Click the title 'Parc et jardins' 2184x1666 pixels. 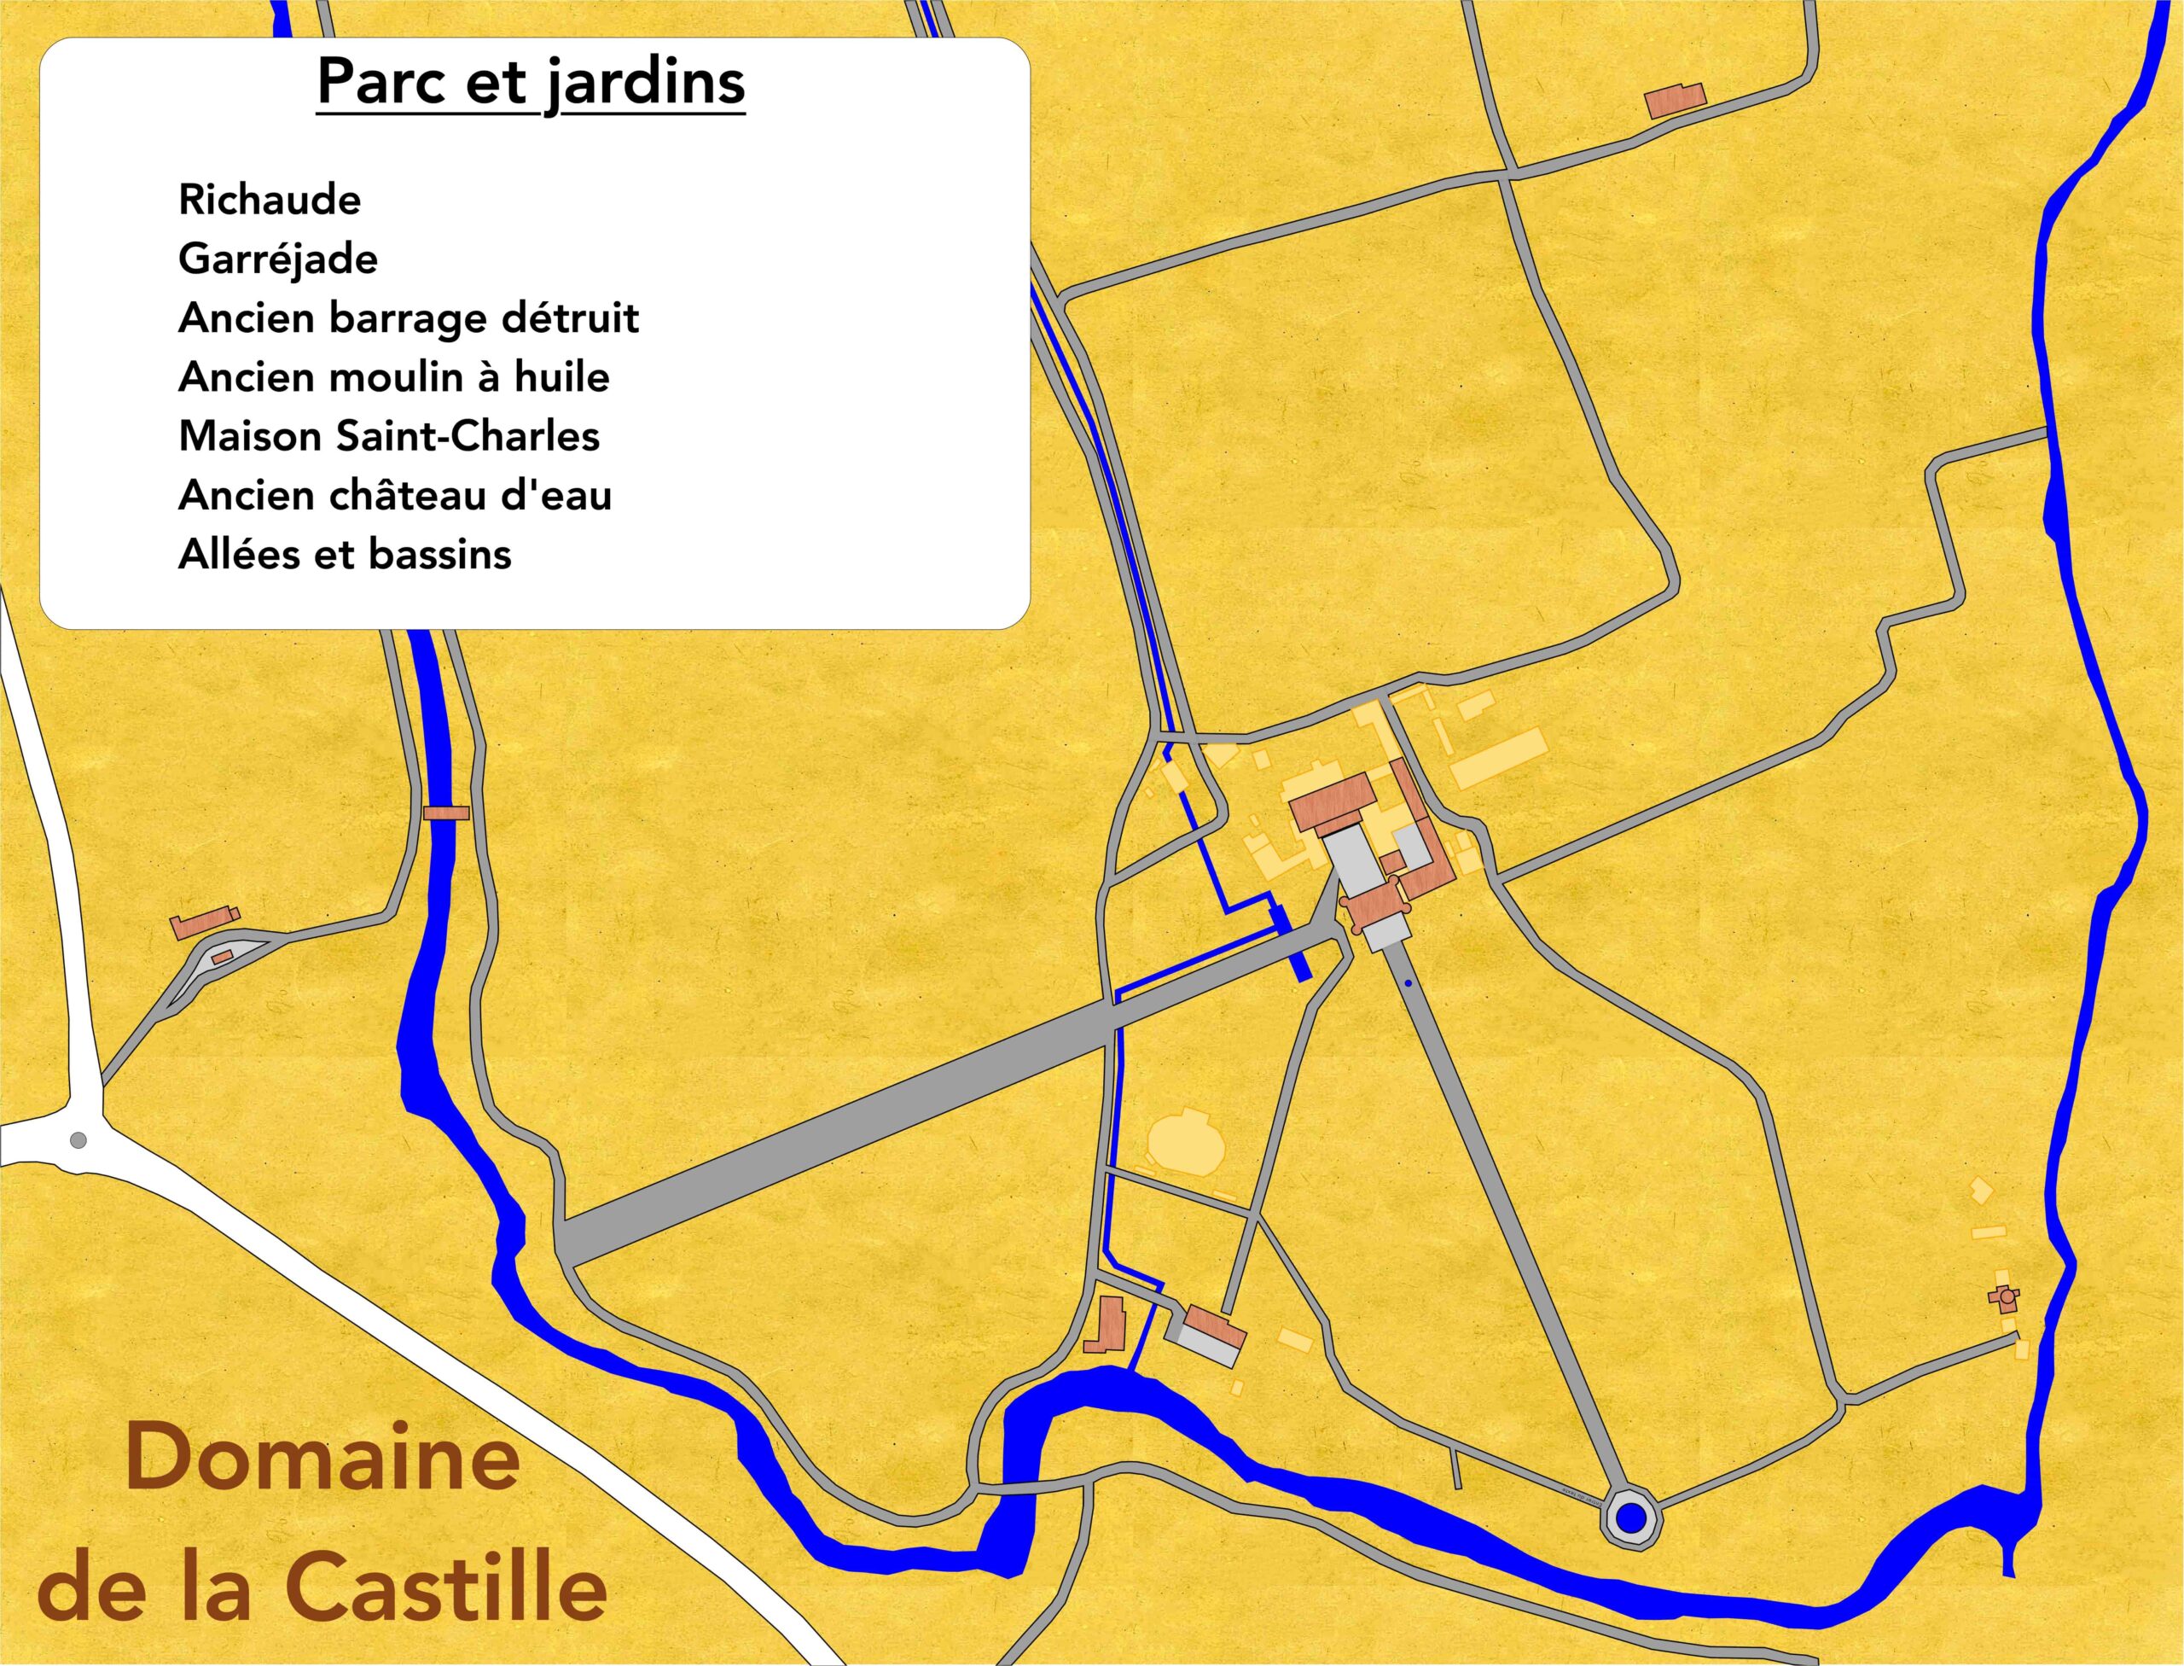pos(531,82)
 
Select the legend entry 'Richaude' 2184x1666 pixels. pos(270,201)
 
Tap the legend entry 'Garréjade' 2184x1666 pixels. pos(277,259)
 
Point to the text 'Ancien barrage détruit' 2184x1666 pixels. pos(409,318)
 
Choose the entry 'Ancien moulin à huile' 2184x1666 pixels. pos(393,378)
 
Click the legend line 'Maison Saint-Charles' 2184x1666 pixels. pos(389,436)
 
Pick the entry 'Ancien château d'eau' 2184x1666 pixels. pos(394,496)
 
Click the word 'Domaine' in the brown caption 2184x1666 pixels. pos(322,1457)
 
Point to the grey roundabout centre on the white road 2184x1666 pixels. pos(78,1140)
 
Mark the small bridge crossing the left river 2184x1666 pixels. pos(446,813)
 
